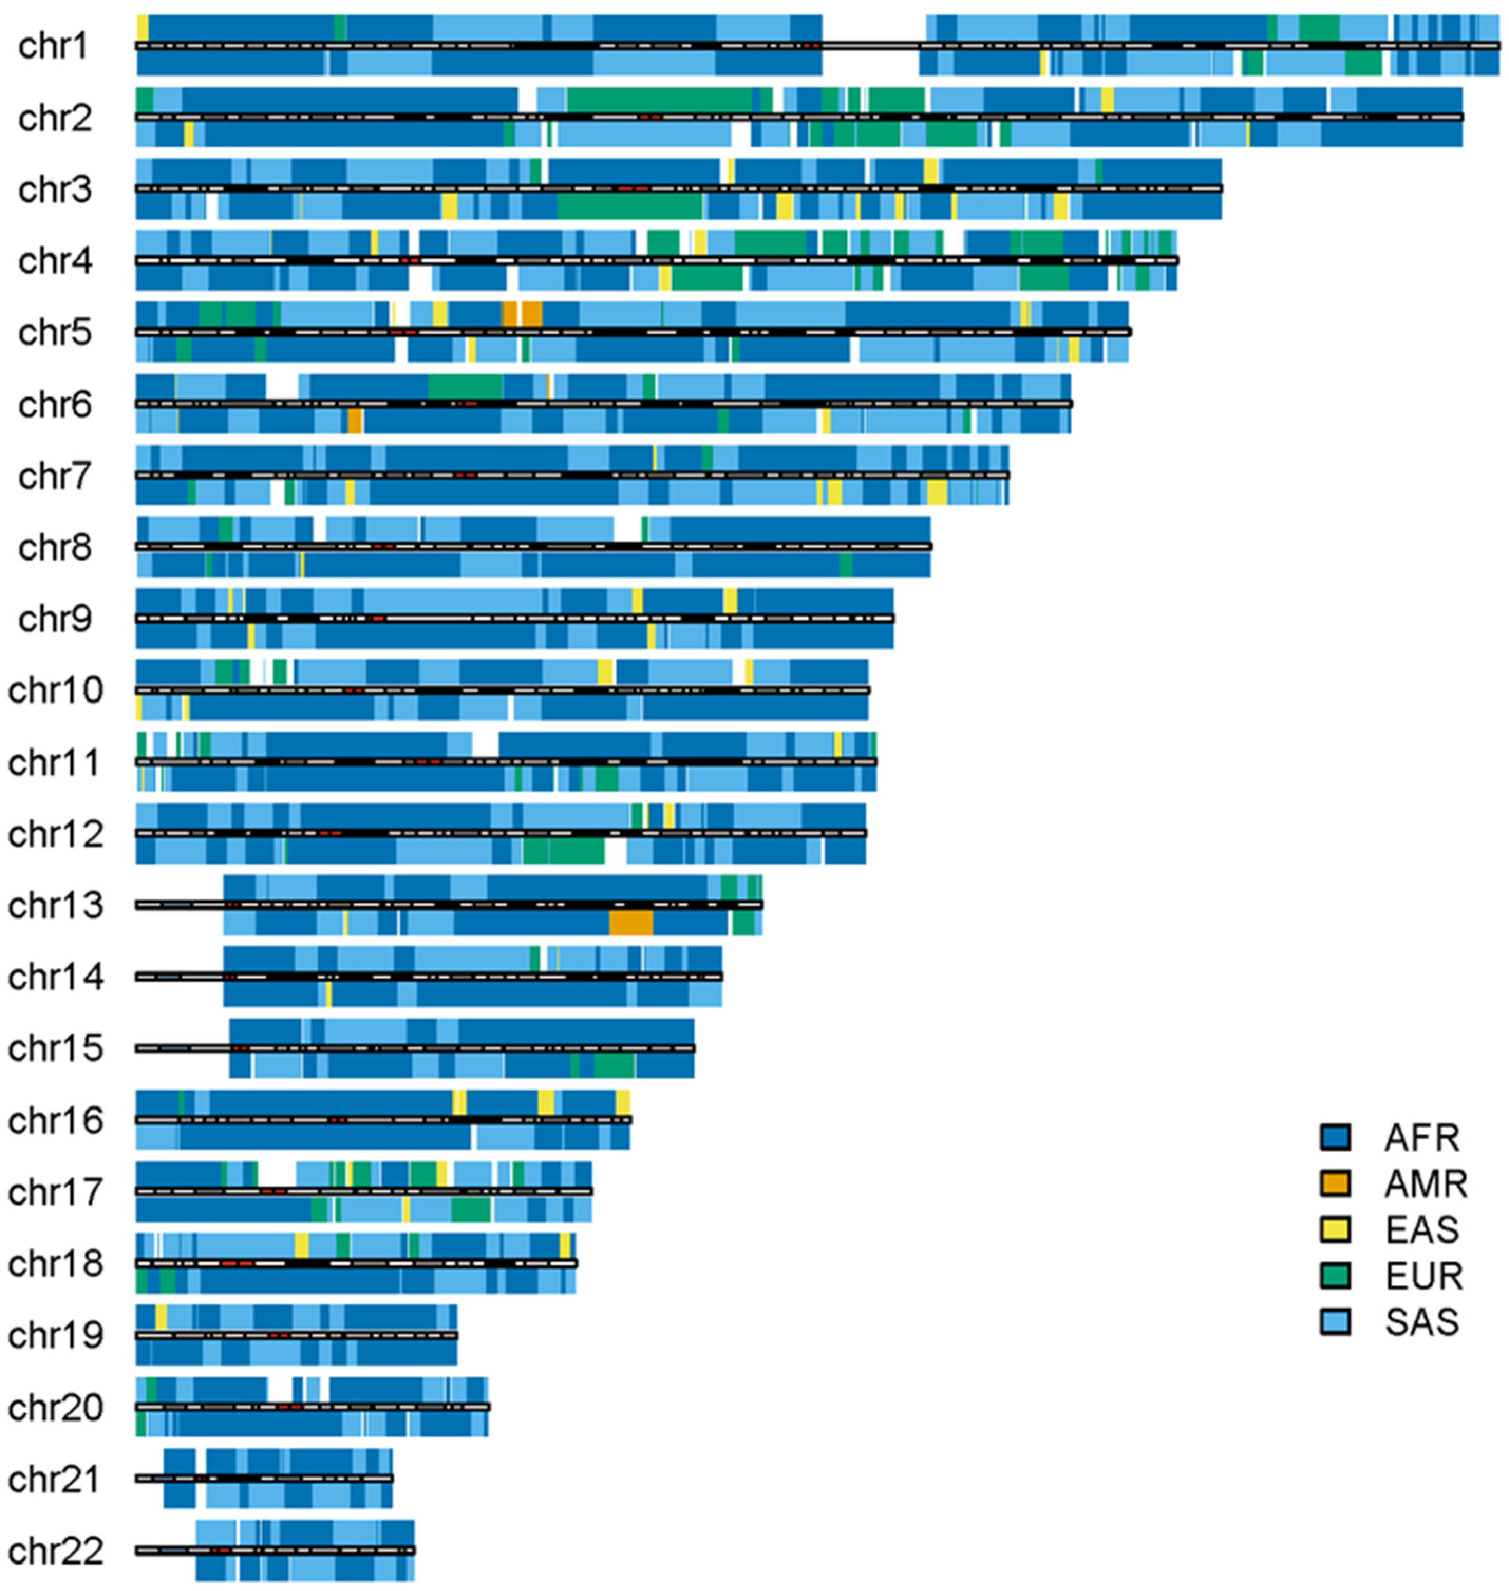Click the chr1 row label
54,46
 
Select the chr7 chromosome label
54,476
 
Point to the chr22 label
55,1551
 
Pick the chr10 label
55,690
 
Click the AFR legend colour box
1334,1138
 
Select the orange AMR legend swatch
1334,1183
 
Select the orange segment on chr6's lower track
355,421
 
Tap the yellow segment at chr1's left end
143,27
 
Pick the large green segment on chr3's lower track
630,207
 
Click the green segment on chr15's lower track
615,1066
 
